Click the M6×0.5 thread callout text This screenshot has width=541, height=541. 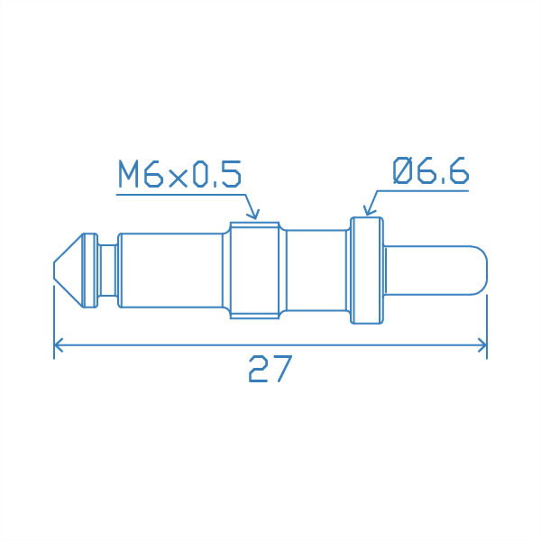click(180, 173)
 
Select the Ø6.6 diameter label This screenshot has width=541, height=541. click(431, 170)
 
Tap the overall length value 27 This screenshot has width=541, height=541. click(270, 369)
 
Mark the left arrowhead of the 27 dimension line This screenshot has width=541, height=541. click(60, 345)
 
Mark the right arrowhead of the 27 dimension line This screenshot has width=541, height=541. click(481, 345)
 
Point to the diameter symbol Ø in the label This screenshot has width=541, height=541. click(403, 170)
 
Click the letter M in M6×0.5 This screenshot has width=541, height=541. click(130, 173)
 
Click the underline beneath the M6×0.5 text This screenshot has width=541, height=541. click(180, 191)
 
